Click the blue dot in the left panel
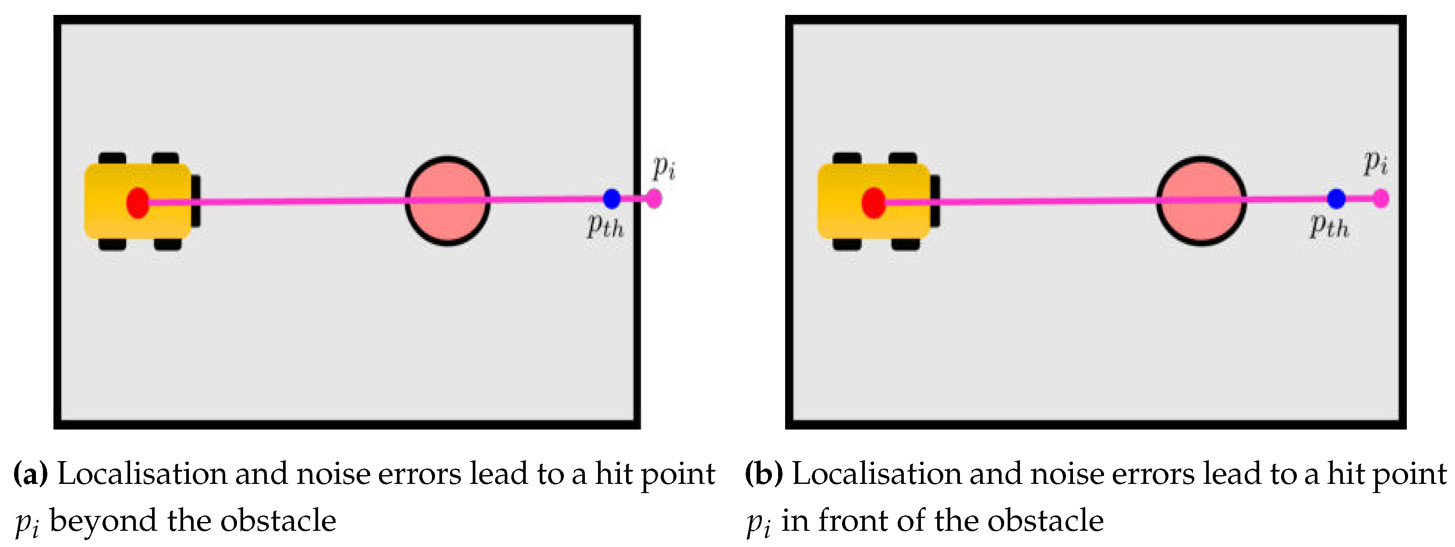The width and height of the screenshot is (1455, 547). coord(612,199)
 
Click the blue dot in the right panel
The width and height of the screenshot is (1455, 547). coord(1336,199)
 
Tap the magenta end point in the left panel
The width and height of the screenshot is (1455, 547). coord(654,199)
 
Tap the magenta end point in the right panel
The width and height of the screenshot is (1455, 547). coord(1381,199)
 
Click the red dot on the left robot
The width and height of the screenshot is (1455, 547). coord(137,203)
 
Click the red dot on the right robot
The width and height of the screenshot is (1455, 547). coord(873,203)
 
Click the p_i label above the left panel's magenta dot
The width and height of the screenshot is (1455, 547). coord(664,167)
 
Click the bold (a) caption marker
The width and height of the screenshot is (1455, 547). coord(32,473)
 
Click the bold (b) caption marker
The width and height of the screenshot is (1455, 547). coord(764,473)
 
